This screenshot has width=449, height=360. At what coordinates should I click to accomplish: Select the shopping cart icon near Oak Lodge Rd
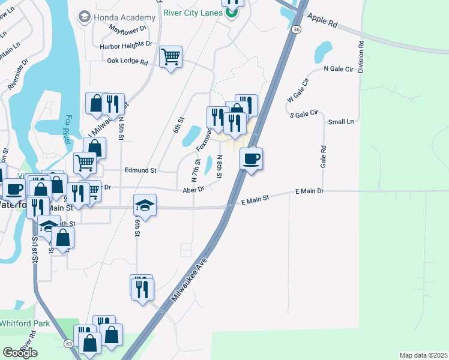click(x=171, y=57)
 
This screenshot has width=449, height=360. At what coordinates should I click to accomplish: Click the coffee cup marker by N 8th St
click(x=251, y=159)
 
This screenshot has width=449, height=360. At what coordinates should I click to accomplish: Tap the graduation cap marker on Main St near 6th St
click(x=145, y=205)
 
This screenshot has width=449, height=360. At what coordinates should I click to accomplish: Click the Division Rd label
click(x=361, y=57)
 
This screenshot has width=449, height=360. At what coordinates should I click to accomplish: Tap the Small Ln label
click(x=341, y=122)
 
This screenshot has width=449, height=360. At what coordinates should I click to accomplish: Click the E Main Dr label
click(x=310, y=191)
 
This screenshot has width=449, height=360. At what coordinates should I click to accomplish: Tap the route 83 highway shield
click(x=69, y=343)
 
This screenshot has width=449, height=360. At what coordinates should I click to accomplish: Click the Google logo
click(x=20, y=353)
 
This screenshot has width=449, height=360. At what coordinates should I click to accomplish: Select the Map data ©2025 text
click(x=423, y=355)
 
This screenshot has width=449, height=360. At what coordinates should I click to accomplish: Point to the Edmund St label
click(x=140, y=170)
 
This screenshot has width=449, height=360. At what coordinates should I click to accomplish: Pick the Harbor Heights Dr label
click(x=125, y=44)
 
